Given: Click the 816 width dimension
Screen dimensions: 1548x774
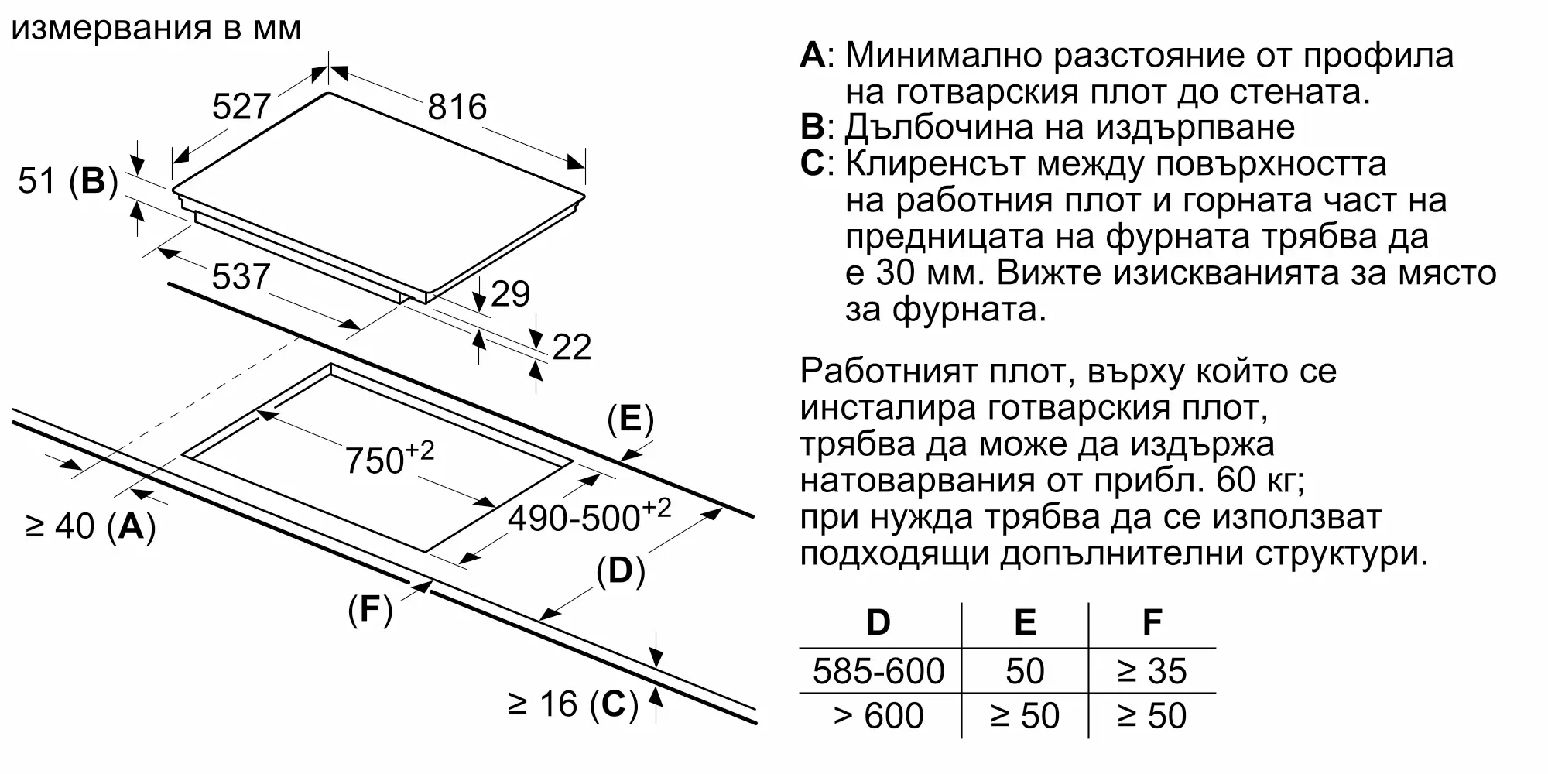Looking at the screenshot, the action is (x=457, y=107).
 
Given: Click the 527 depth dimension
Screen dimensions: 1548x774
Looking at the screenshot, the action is (x=241, y=107).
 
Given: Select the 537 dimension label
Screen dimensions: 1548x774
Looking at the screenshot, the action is (x=241, y=276).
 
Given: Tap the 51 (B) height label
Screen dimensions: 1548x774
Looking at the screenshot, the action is (x=67, y=181).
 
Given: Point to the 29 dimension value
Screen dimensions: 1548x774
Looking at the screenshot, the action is (x=511, y=294).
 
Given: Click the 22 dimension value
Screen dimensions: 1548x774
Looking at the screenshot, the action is (x=572, y=347).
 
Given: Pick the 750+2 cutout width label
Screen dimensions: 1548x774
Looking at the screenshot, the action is (x=389, y=458).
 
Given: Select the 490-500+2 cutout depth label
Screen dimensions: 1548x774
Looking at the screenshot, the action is (x=589, y=515).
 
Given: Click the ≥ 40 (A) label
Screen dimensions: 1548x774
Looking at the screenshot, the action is (x=91, y=526).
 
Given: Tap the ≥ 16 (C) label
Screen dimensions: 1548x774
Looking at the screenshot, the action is (x=574, y=704).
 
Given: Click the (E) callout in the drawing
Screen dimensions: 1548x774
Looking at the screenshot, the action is (x=631, y=420).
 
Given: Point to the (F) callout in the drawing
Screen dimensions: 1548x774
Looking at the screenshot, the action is (x=370, y=610).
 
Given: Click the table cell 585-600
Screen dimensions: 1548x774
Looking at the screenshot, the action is (x=878, y=671).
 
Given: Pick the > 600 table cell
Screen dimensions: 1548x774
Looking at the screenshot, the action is (x=878, y=716).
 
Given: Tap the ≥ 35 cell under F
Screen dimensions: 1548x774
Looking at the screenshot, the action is (x=1152, y=671).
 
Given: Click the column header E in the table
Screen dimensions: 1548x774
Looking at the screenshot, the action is (x=1025, y=622).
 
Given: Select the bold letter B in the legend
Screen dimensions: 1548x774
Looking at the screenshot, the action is (x=813, y=127).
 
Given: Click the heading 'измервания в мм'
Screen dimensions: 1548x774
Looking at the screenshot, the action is (x=156, y=29).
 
